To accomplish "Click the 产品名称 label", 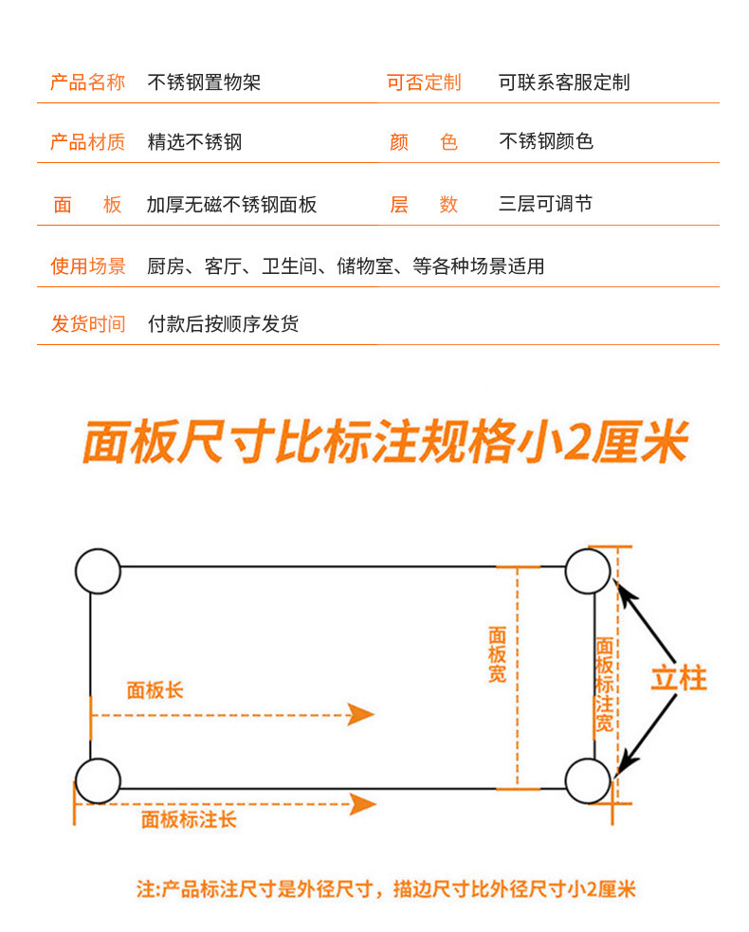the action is [x=87, y=82].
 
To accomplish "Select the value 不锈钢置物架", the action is [x=204, y=82].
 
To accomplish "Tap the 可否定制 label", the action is [x=423, y=82].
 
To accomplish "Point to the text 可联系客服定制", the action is [x=564, y=82].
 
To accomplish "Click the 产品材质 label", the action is [x=87, y=142].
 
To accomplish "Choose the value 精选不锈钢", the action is [x=194, y=142].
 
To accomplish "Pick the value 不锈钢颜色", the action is [x=546, y=141].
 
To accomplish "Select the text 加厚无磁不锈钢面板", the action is [x=231, y=205].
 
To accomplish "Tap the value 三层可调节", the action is [x=545, y=204].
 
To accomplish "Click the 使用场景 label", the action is [x=87, y=266].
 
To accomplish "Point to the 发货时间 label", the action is [x=87, y=324].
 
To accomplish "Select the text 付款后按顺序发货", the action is [x=223, y=324].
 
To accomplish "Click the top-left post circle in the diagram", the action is [x=98, y=571].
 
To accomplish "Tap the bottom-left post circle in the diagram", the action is [x=98, y=781].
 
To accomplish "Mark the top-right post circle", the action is [x=588, y=571].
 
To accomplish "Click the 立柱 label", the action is [x=679, y=678].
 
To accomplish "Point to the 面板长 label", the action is [x=155, y=690].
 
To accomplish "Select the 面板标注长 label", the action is [x=189, y=819].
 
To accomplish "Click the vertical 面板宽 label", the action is [x=497, y=654].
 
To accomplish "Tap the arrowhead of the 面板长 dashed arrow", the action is [x=361, y=714].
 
